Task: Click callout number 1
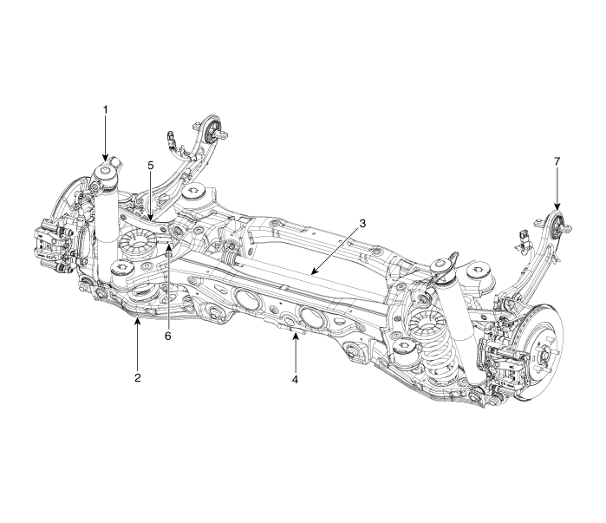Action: point(105,110)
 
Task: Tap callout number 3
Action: point(362,223)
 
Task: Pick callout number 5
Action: point(150,165)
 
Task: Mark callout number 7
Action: point(557,162)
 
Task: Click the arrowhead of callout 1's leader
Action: point(105,160)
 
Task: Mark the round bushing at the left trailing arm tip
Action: point(212,133)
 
